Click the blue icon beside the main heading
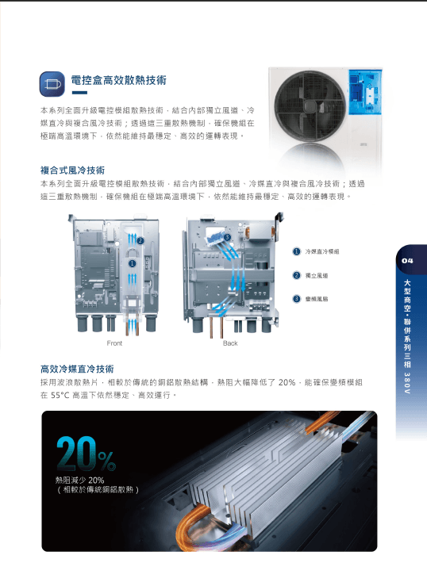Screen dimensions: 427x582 coord(52,84)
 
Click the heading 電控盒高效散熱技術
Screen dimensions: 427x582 coord(118,80)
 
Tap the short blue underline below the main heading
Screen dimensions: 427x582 coord(79,93)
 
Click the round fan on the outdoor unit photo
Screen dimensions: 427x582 coord(310,105)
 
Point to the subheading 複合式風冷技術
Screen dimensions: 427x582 coord(72,170)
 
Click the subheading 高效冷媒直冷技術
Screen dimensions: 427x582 coord(77,369)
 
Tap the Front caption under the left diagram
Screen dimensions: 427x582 coord(114,343)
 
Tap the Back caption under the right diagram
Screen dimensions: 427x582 coord(230,343)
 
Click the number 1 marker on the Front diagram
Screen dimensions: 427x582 coord(133,263)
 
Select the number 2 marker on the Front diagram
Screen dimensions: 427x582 coord(140,241)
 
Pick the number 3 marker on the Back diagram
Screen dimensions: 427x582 coord(228,238)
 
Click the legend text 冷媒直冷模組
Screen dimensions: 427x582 coord(321,251)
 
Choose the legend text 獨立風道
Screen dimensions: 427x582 coord(317,276)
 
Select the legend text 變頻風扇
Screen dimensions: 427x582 coord(317,299)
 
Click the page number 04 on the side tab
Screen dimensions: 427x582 coord(407,261)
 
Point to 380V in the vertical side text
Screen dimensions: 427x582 coord(407,383)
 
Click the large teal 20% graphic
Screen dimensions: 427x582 coord(87,454)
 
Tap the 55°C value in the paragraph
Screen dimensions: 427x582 coord(60,396)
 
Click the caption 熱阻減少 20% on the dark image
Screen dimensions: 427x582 coord(79,480)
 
